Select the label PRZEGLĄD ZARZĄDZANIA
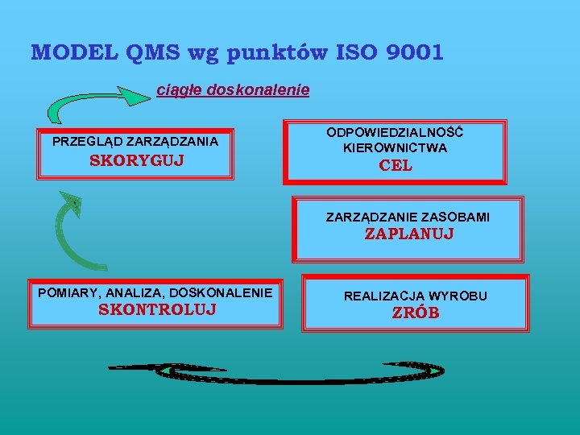point(135,141)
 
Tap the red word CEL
point(395,166)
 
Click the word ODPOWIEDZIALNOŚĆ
point(395,132)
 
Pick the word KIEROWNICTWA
point(395,147)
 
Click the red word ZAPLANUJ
point(409,234)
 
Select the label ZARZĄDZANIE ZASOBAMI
point(408,217)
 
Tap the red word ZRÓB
point(416,313)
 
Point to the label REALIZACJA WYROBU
point(416,296)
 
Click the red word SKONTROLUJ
point(156,309)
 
